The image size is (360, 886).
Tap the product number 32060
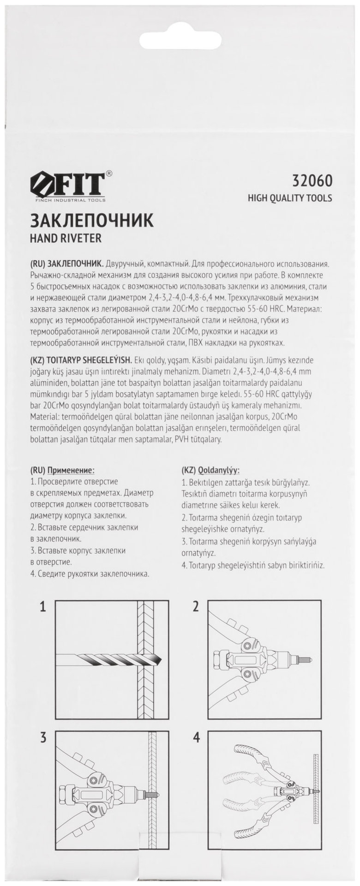tap(312, 180)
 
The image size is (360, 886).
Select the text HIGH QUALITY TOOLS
tap(289, 198)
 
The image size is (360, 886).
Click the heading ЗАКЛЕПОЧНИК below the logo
tap(91, 221)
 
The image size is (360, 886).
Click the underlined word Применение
tap(71, 470)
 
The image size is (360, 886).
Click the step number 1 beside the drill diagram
tap(42, 606)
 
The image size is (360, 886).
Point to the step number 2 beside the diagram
tap(196, 606)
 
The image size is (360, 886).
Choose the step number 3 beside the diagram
tap(42, 737)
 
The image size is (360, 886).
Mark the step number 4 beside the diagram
tap(196, 737)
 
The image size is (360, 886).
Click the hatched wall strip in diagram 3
tap(153, 794)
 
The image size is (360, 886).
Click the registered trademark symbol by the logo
tap(108, 174)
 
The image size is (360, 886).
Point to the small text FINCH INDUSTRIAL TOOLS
tap(70, 200)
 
